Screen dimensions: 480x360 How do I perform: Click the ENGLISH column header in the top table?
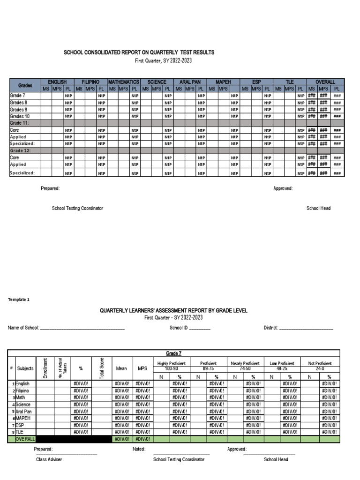[x=57, y=82]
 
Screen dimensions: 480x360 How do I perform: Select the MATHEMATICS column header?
[x=124, y=82]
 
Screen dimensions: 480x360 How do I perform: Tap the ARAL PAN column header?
[x=190, y=82]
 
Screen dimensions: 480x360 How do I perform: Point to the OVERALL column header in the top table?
[x=325, y=82]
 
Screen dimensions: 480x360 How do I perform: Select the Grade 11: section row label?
[x=20, y=123]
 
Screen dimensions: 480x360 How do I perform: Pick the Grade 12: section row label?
[x=20, y=151]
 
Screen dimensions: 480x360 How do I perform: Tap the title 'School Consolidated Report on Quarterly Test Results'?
[x=139, y=53]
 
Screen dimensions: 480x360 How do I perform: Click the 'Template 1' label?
[x=19, y=299]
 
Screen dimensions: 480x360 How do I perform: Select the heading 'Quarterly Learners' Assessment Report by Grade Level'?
[x=173, y=311]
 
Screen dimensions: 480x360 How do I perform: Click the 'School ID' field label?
[x=179, y=328]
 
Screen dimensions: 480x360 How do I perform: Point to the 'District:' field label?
[x=271, y=328]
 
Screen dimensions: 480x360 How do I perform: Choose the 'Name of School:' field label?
[x=23, y=328]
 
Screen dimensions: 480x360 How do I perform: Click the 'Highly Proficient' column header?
[x=172, y=363]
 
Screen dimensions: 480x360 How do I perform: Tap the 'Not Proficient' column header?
[x=320, y=363]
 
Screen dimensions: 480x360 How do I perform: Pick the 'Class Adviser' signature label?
[x=49, y=460]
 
